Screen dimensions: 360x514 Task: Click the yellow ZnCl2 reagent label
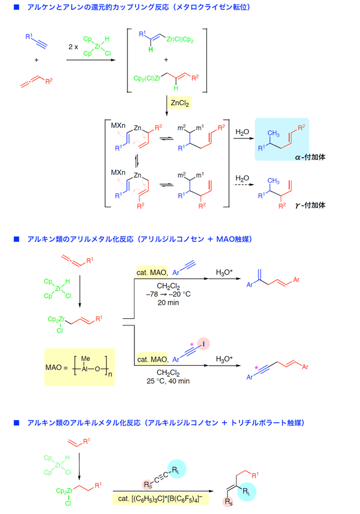[180, 103]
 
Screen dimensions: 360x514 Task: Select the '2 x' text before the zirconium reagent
[73, 47]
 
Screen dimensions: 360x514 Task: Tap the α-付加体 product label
[310, 157]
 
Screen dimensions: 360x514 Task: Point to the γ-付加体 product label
[310, 205]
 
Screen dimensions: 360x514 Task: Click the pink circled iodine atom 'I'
[203, 344]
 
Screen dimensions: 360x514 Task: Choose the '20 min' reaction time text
[168, 303]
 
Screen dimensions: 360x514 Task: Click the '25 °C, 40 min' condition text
[168, 381]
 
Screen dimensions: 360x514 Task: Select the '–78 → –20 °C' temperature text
[168, 294]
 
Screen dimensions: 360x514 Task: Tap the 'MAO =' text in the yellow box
[56, 367]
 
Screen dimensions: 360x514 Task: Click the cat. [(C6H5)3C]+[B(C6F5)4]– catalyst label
[160, 499]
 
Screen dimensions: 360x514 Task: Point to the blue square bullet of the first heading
[17, 7]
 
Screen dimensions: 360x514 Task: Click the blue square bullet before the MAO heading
[17, 239]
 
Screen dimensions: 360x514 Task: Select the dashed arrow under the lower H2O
[244, 185]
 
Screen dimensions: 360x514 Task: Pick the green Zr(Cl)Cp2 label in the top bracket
[180, 40]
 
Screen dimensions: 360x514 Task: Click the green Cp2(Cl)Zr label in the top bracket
[147, 78]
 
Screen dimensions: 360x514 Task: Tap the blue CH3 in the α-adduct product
[274, 133]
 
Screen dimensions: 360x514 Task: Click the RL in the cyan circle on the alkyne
[176, 470]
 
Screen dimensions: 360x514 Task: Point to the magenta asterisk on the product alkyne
[256, 368]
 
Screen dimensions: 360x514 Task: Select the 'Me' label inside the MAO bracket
[85, 359]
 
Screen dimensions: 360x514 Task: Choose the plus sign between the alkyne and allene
[36, 60]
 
